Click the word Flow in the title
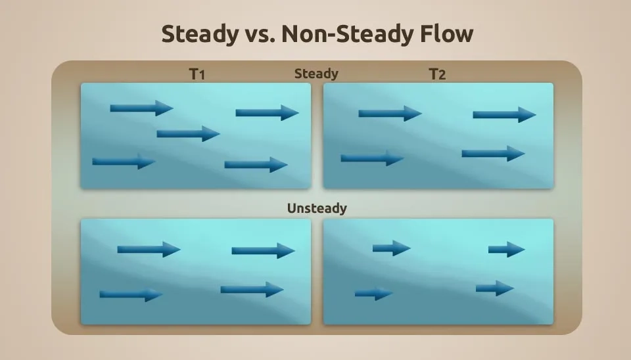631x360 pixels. [x=447, y=34]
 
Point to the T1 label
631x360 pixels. [x=197, y=74]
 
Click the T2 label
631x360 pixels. [x=438, y=74]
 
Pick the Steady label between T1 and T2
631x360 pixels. [x=316, y=74]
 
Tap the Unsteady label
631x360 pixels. [x=317, y=208]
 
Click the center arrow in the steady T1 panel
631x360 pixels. [x=188, y=133]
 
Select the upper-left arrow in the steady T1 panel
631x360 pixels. [x=142, y=108]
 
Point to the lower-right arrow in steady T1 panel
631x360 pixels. [x=256, y=164]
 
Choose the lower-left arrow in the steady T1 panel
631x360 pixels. [x=124, y=162]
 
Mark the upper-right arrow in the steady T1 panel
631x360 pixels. [x=268, y=112]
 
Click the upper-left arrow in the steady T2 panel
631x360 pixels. [x=390, y=114]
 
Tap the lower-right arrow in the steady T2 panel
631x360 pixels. [x=494, y=154]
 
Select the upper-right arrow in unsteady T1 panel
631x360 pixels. [x=263, y=250]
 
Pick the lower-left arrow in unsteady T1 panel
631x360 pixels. [x=131, y=294]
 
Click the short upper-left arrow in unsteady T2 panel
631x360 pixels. [x=392, y=248]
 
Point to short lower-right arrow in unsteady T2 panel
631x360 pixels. [x=495, y=288]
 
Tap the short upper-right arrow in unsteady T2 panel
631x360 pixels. [x=507, y=250]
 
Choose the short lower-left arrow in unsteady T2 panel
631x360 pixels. [x=373, y=294]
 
